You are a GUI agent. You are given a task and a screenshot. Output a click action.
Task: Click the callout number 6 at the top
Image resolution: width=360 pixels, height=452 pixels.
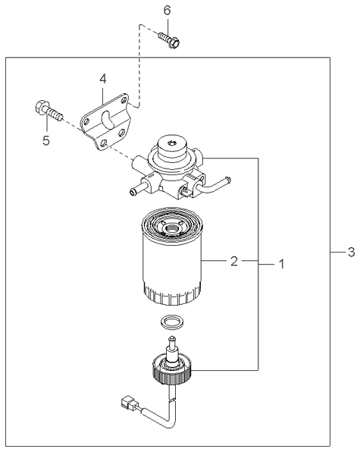[167, 10]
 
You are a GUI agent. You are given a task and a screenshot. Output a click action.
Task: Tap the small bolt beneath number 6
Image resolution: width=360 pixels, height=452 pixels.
[170, 39]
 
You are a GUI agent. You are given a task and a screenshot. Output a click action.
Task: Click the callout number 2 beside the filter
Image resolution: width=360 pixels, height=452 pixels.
[235, 262]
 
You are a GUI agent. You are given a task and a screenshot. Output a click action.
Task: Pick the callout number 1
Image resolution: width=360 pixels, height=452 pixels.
[281, 264]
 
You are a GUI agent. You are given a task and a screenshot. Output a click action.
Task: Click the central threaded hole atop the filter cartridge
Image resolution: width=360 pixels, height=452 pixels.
[171, 227]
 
